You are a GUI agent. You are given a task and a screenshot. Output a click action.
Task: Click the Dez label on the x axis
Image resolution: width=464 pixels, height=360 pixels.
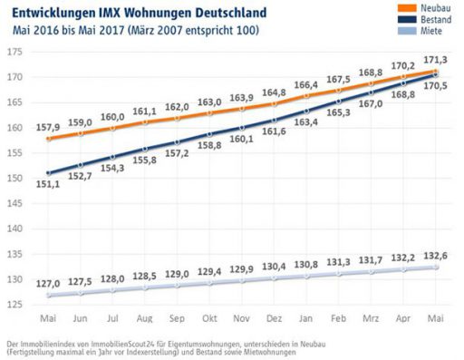[x=274, y=318]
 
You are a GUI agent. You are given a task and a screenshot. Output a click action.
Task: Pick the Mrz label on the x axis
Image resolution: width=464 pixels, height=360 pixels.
[x=370, y=318]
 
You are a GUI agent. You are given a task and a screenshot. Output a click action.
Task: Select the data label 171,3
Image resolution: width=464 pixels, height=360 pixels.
[x=434, y=58]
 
